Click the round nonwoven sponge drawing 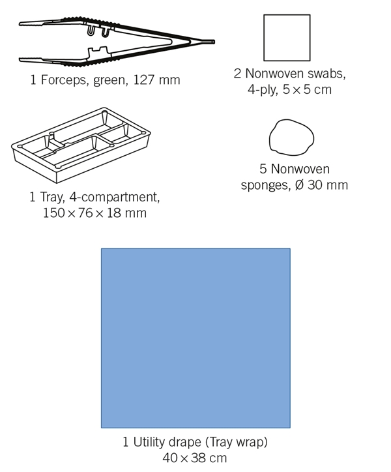click(x=291, y=137)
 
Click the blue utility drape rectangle click(x=195, y=338)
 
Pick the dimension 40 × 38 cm click(x=195, y=458)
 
